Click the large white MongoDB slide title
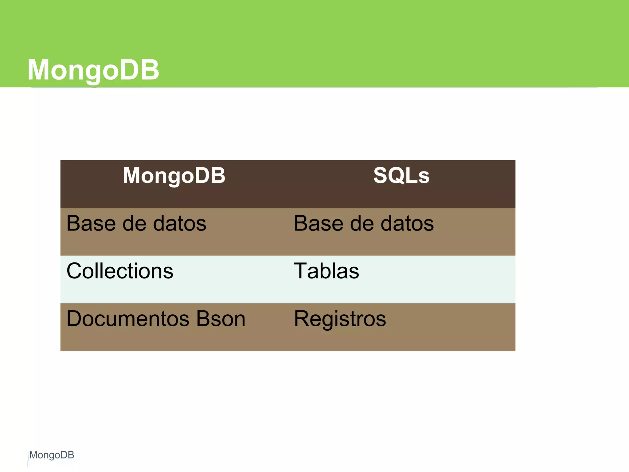[93, 70]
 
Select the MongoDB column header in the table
[174, 175]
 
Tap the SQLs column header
[401, 175]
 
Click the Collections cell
[120, 271]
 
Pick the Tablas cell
[326, 271]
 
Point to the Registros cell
[340, 319]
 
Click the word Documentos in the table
[128, 319]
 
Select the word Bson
[221, 319]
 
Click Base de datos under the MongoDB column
[136, 223]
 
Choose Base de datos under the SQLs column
[364, 223]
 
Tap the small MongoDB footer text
[52, 455]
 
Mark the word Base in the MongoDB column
[92, 223]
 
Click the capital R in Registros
[302, 319]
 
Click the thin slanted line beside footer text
[28, 460]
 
